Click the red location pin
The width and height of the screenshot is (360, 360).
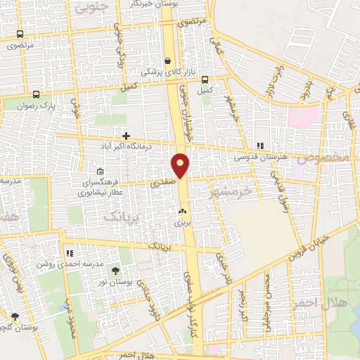point(181,165)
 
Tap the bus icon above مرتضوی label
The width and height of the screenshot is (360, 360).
point(19,34)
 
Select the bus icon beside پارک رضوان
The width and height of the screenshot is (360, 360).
point(36,94)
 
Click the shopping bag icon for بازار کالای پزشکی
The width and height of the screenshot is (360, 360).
point(167,60)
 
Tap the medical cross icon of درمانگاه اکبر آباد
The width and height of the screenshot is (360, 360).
point(126,136)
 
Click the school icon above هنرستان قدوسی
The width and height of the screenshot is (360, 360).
point(260,146)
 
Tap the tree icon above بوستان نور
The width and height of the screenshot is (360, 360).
point(116,271)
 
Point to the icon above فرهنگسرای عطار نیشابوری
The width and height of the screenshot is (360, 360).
point(100,171)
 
